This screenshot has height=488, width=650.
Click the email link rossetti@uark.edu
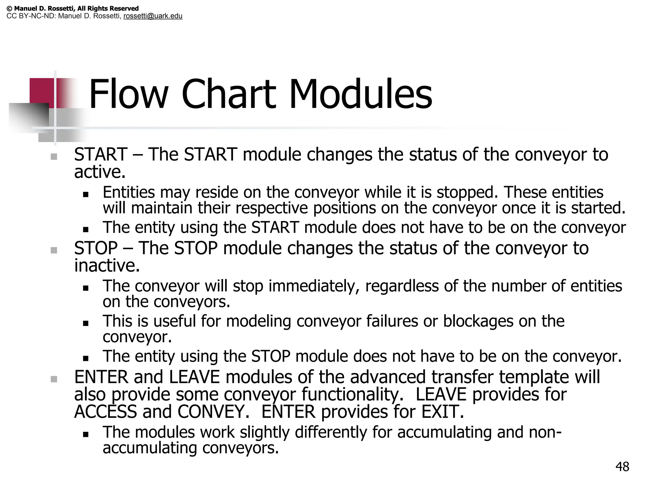tap(153, 16)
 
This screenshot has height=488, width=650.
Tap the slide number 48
tap(622, 467)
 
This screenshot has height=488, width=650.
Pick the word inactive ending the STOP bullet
tap(107, 266)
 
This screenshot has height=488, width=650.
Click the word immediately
tap(314, 286)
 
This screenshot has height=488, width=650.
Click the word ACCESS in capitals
tap(105, 412)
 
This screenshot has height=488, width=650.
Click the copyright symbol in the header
tap(9, 9)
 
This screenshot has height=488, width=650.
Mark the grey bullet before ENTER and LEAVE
tap(54, 379)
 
